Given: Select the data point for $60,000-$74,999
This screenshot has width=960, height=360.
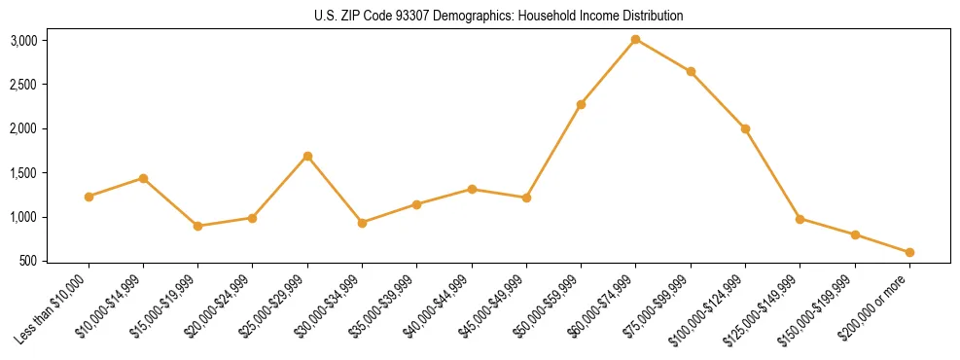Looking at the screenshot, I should (x=635, y=39).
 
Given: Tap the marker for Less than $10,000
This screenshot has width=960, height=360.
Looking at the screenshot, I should (x=89, y=197).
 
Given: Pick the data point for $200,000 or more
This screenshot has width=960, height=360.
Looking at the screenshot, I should (x=909, y=252).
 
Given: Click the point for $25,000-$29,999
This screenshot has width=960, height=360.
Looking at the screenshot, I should (x=307, y=156).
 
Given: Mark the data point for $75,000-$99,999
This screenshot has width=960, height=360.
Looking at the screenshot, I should (x=691, y=71).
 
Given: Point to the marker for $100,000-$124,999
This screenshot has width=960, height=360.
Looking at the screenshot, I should (x=745, y=128).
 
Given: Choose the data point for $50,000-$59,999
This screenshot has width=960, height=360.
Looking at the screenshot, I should (x=581, y=104).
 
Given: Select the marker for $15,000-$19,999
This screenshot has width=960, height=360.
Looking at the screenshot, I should (x=197, y=226).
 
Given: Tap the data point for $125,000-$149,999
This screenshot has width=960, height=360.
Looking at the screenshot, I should (x=800, y=219).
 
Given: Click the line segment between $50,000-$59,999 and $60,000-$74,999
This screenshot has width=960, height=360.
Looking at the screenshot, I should (x=608, y=72).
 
